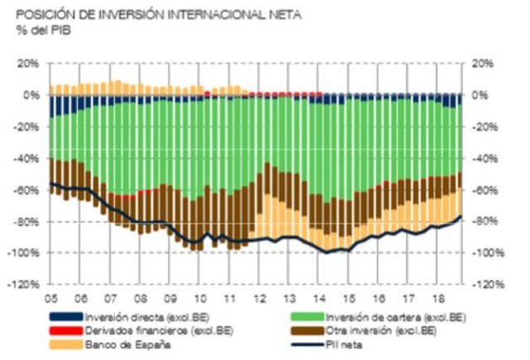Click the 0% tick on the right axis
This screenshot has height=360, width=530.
tap(479, 95)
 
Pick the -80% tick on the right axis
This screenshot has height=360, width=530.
tap(484, 221)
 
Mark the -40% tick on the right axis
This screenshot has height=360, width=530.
tap(484, 158)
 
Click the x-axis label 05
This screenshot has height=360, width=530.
tap(51, 297)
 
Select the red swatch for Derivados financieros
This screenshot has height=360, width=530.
tap(66, 330)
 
